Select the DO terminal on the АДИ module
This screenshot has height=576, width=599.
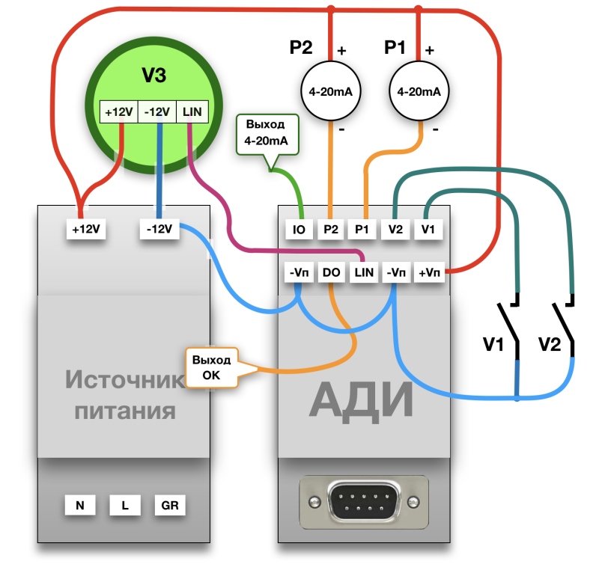click(332, 273)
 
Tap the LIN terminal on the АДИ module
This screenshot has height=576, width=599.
click(364, 273)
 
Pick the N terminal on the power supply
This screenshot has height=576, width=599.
click(79, 505)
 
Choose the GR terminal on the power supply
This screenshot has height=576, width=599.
click(169, 505)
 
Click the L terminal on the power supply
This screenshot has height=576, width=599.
click(124, 505)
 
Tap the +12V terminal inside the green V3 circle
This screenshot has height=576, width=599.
click(119, 112)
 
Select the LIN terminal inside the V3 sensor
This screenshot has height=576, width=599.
click(192, 112)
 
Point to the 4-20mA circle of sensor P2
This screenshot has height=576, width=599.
click(331, 92)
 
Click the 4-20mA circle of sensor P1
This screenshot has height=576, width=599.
click(419, 92)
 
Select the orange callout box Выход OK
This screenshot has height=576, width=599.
click(212, 367)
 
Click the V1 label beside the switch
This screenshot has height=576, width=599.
click(494, 345)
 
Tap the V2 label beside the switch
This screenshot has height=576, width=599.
click(550, 345)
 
